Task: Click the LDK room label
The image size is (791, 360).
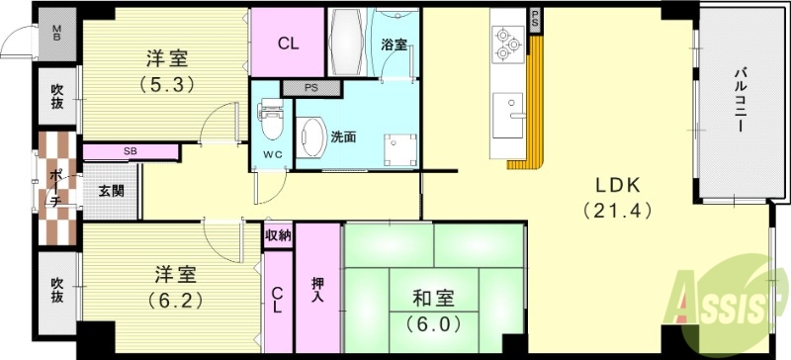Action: pos(618,185)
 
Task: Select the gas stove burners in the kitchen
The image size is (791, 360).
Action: pos(508,42)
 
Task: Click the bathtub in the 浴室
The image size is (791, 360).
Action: pos(347,39)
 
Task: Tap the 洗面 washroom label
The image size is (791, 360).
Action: pos(343,135)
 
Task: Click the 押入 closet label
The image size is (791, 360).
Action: pos(317,289)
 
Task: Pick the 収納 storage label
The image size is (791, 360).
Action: pos(278,235)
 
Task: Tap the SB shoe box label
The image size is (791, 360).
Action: pos(131,151)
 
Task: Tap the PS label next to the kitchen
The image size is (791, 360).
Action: pos(535,19)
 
